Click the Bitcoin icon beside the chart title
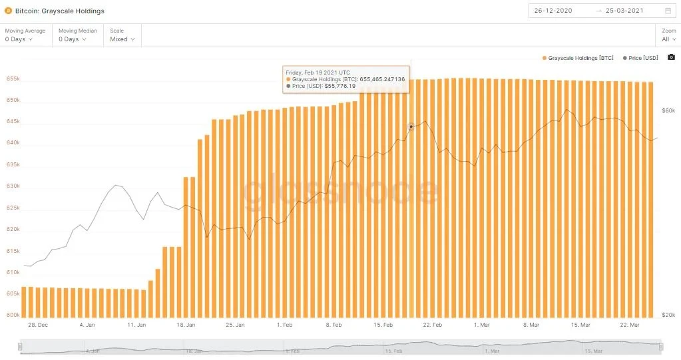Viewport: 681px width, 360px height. tap(9, 11)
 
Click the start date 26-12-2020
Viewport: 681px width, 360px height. tap(555, 11)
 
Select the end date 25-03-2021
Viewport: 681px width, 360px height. tap(625, 11)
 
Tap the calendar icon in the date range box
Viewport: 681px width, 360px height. tap(668, 11)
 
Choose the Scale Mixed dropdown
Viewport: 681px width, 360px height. tap(122, 39)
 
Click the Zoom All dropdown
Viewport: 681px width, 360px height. tap(668, 39)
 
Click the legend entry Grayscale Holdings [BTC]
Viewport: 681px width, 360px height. tap(578, 59)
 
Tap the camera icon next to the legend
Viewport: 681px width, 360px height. tap(671, 58)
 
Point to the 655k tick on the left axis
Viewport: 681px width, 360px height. tap(13, 79)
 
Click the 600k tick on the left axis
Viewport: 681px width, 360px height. tap(13, 315)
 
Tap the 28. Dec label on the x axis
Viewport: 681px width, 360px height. tap(38, 325)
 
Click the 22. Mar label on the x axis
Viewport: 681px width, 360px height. tap(630, 325)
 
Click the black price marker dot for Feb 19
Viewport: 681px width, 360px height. tap(411, 126)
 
